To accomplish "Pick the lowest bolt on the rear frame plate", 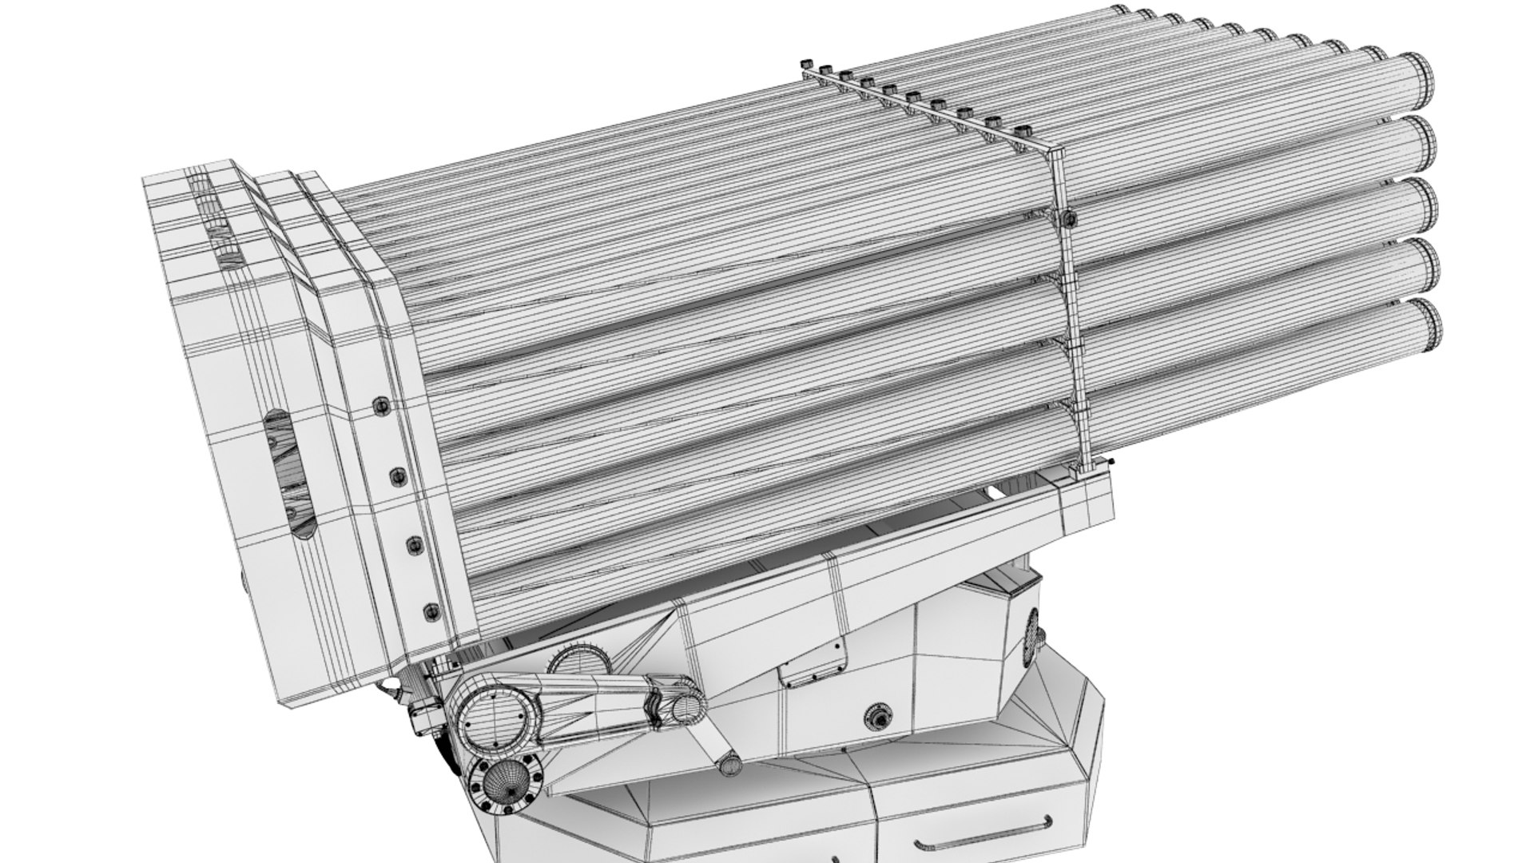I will click(x=431, y=612).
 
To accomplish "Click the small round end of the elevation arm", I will click(x=683, y=707).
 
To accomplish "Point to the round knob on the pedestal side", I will click(x=880, y=715).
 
